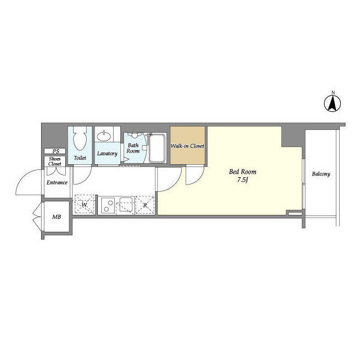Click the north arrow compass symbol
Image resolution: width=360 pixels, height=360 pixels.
(332, 103)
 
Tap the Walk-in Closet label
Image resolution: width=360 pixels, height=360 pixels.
(187, 146)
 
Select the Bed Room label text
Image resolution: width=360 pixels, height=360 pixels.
(242, 172)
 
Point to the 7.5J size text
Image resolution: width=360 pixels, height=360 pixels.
(242, 180)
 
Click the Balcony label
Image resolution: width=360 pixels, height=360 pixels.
(321, 174)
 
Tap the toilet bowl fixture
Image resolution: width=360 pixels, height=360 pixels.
(80, 138)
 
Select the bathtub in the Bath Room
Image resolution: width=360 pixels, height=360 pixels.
(157, 148)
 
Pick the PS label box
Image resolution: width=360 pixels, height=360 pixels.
(55, 151)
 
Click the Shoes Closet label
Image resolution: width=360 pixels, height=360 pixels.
(55, 161)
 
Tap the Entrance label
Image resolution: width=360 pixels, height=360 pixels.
(57, 182)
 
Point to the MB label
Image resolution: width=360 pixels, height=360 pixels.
(56, 217)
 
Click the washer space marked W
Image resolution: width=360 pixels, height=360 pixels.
(84, 205)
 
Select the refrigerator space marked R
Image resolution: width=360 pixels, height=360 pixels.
(145, 205)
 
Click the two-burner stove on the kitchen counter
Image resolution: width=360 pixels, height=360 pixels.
(108, 205)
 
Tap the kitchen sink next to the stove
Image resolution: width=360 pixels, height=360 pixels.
(125, 204)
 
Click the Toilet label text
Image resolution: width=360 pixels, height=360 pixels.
(80, 157)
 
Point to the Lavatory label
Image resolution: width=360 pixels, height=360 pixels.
(107, 154)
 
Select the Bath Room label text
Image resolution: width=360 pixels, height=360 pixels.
(133, 148)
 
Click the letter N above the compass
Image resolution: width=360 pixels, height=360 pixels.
(333, 93)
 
